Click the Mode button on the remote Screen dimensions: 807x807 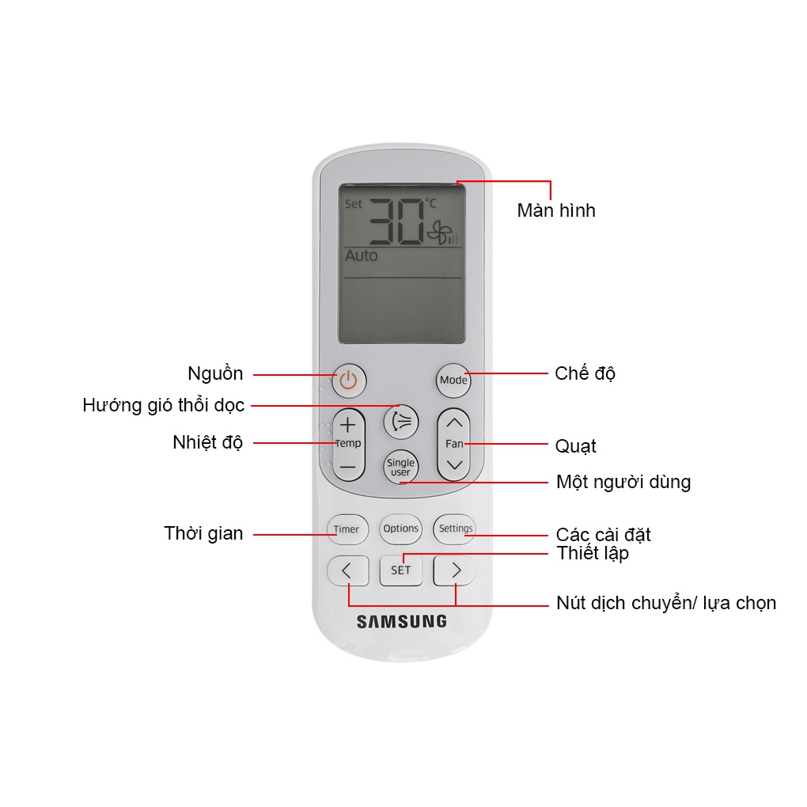coord(453,380)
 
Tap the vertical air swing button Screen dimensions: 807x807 coord(401,421)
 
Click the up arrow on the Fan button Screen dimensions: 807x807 coord(454,423)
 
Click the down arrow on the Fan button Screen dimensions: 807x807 coord(454,465)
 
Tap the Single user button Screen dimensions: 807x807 coord(400,468)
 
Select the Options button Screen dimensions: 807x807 coord(400,529)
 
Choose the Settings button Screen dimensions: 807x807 coord(455,529)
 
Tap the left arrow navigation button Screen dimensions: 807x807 coord(347,570)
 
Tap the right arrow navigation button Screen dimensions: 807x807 coord(455,570)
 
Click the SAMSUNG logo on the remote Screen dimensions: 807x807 coord(401,622)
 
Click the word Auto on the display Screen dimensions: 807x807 coord(362,256)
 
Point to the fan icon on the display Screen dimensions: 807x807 coord(438,232)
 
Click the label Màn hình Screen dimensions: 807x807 coord(555,210)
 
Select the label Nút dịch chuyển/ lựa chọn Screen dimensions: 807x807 coord(666,604)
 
